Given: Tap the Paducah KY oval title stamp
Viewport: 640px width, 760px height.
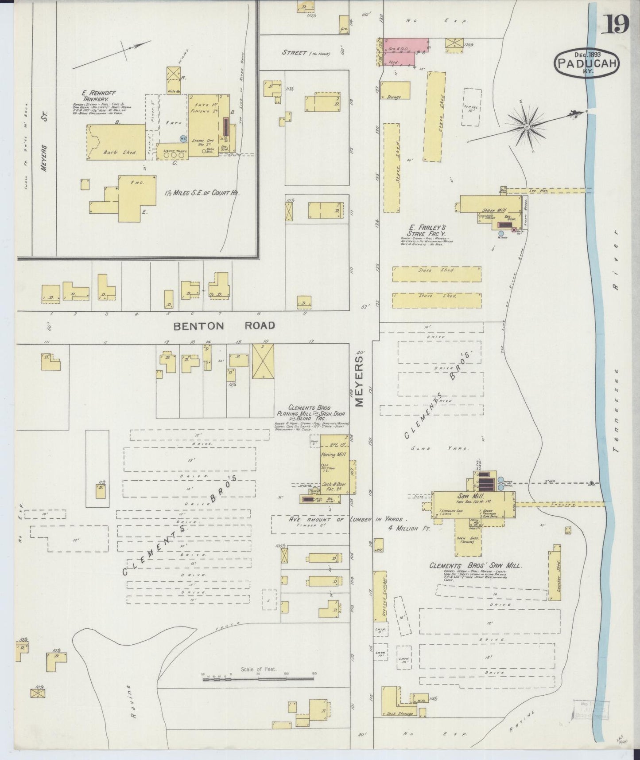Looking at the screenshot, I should pyautogui.click(x=586, y=63).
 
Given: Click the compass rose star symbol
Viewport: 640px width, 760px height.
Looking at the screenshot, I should pyautogui.click(x=527, y=127).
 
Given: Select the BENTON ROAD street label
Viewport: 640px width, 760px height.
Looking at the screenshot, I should pyautogui.click(x=224, y=326).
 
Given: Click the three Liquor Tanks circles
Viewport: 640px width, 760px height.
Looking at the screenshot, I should pyautogui.click(x=173, y=156).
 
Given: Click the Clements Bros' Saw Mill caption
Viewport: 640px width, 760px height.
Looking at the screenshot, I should pyautogui.click(x=475, y=566).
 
